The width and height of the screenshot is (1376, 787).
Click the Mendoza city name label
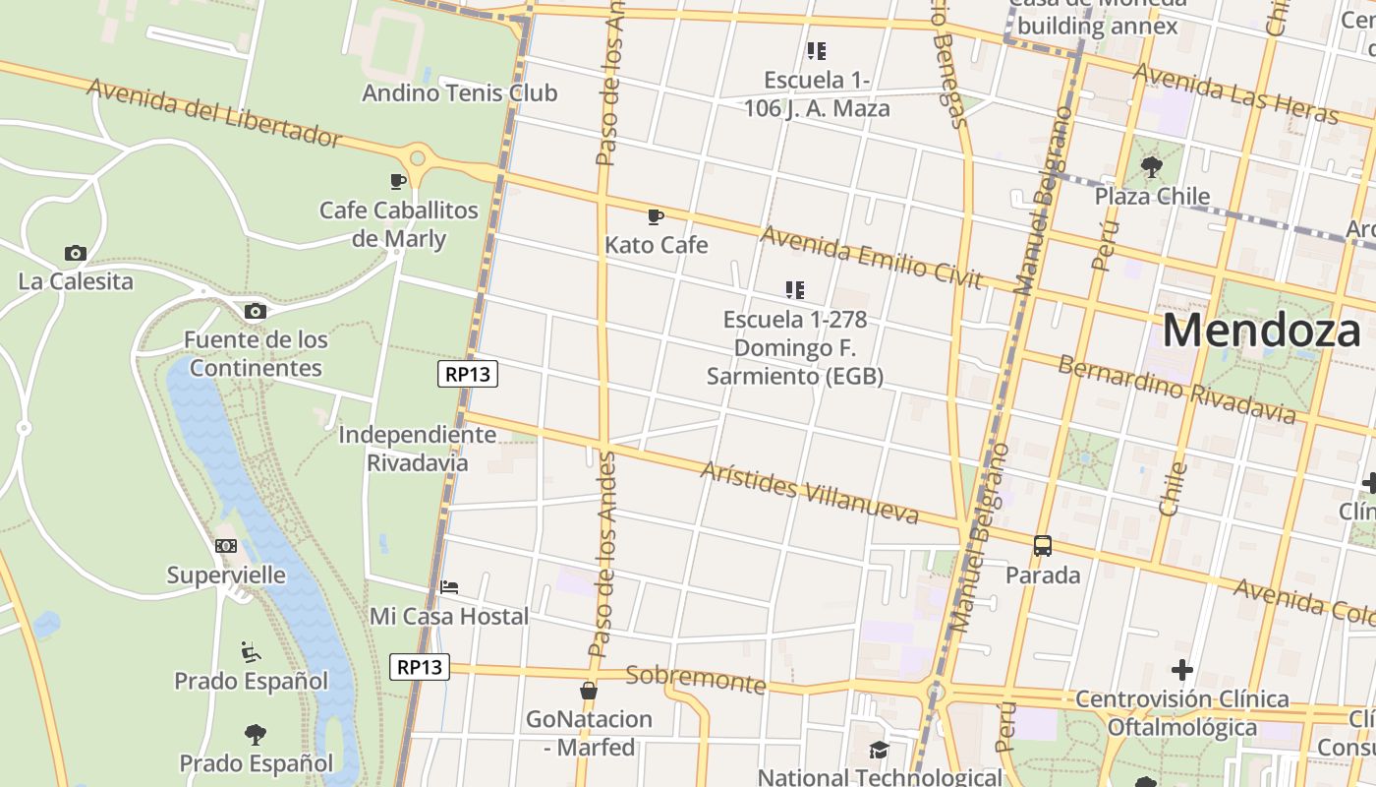click(x=1262, y=331)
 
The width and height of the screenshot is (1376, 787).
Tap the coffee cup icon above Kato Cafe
click(x=656, y=216)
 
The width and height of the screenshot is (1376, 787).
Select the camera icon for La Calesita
click(x=75, y=254)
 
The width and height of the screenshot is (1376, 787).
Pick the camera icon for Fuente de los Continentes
click(x=255, y=312)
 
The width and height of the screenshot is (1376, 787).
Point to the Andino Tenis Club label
click(x=459, y=93)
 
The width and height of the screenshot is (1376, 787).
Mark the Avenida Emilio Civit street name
click(x=871, y=258)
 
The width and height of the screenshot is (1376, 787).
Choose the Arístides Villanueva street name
click(x=809, y=492)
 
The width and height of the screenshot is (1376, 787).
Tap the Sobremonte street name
click(x=695, y=678)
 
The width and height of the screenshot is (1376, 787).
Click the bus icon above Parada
click(x=1042, y=546)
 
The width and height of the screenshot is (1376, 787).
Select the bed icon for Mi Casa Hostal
click(x=449, y=587)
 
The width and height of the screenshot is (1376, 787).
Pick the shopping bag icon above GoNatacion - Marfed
click(x=588, y=691)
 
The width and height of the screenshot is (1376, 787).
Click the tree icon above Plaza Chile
click(x=1152, y=167)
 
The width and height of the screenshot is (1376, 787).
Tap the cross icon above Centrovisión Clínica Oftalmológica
click(x=1181, y=671)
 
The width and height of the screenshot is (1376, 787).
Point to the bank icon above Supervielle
click(x=226, y=546)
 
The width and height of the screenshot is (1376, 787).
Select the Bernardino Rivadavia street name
click(x=1175, y=391)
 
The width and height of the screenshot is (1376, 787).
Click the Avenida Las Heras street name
click(x=1234, y=93)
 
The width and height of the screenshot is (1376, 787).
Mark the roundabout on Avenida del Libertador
click(x=418, y=157)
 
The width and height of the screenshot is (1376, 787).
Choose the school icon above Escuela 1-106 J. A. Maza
click(x=816, y=50)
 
